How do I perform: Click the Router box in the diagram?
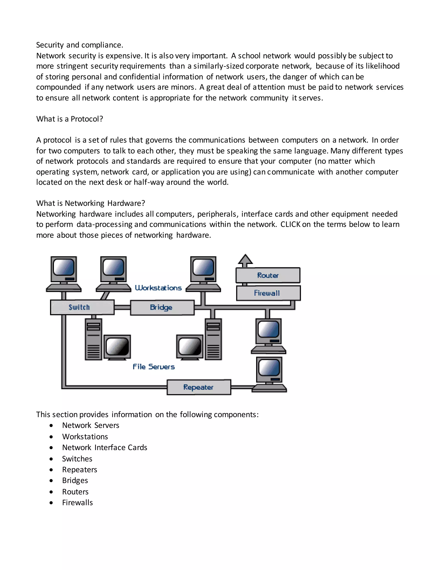(x=268, y=275)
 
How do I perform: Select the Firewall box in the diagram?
(x=268, y=293)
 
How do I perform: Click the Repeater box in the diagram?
(x=199, y=387)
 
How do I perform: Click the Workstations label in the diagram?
(x=158, y=288)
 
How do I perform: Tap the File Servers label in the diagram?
(x=154, y=367)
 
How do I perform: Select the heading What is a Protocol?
(x=70, y=119)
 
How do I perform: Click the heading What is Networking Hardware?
(x=90, y=203)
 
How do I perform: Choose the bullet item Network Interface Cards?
(x=105, y=447)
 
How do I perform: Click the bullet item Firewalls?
(x=77, y=502)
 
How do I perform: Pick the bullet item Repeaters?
(x=79, y=470)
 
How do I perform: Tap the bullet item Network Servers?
(x=90, y=425)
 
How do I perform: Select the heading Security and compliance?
(x=79, y=45)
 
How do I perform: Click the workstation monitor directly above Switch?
(x=64, y=269)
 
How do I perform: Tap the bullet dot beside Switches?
(x=51, y=459)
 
